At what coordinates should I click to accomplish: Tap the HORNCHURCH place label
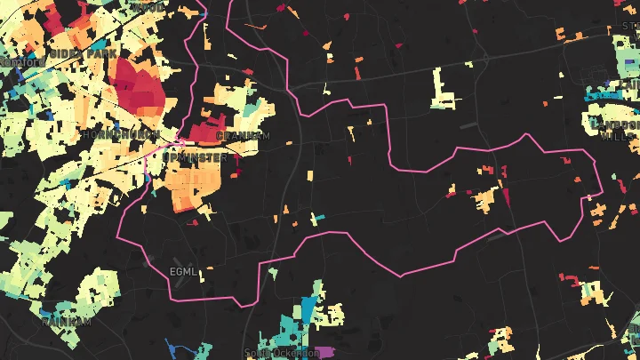pyautogui.click(x=121, y=135)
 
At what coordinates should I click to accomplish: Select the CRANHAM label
pyautogui.click(x=242, y=136)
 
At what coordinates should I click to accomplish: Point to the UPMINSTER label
pyautogui.click(x=196, y=157)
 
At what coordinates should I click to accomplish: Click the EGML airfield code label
pyautogui.click(x=180, y=270)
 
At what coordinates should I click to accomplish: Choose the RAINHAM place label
pyautogui.click(x=67, y=322)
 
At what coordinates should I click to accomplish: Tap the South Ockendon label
pyautogui.click(x=281, y=353)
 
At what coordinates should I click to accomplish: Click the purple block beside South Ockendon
pyautogui.click(x=327, y=352)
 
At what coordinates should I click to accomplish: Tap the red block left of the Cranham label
pyautogui.click(x=204, y=134)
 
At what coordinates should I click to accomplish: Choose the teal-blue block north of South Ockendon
pyautogui.click(x=307, y=310)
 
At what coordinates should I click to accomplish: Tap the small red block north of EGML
pyautogui.click(x=193, y=223)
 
